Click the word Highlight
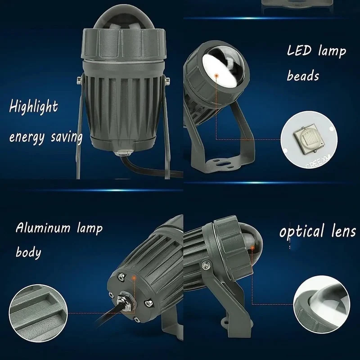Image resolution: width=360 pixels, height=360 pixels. point(33,107)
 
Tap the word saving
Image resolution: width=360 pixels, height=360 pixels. point(67,137)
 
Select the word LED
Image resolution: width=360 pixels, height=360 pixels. point(300,50)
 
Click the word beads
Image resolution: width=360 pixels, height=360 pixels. point(303,76)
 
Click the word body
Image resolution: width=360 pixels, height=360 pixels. point(28,252)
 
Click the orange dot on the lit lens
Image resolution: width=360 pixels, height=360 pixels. point(216,75)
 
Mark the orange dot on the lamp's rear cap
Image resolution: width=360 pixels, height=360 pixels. point(134,278)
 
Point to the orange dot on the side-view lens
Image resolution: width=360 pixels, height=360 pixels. point(252,248)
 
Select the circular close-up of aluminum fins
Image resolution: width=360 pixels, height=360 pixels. point(38,313)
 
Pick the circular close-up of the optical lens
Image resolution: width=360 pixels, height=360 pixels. point(322,305)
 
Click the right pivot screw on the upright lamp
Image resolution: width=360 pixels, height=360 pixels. point(168,80)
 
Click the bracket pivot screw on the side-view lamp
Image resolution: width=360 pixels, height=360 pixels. point(206,266)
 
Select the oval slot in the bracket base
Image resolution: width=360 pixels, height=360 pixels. point(223,164)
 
